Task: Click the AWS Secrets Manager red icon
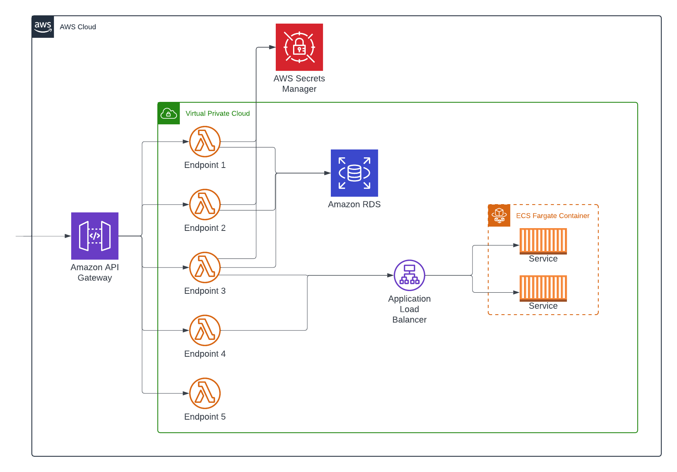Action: (x=299, y=47)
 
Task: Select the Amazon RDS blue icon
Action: (x=354, y=173)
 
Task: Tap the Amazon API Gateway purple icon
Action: (x=95, y=236)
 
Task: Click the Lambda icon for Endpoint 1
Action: (x=205, y=142)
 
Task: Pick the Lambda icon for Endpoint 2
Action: (x=205, y=205)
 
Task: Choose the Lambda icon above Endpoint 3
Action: (x=205, y=267)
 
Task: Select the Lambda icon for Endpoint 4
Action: (x=205, y=330)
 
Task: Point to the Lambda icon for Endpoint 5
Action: (x=205, y=393)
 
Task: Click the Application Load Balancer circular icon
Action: (x=410, y=275)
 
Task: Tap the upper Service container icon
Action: (x=543, y=241)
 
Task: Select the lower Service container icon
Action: (x=543, y=288)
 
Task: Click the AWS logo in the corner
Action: (x=43, y=27)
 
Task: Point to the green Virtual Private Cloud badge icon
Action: (x=169, y=114)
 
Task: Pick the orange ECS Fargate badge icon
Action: (x=499, y=216)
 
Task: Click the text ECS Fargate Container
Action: (x=553, y=216)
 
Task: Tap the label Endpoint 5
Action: (x=205, y=417)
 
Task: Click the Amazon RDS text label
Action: (x=354, y=205)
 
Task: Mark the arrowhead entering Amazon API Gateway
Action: (x=68, y=236)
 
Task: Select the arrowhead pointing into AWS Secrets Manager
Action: (x=272, y=47)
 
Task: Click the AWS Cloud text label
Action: (x=78, y=27)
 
